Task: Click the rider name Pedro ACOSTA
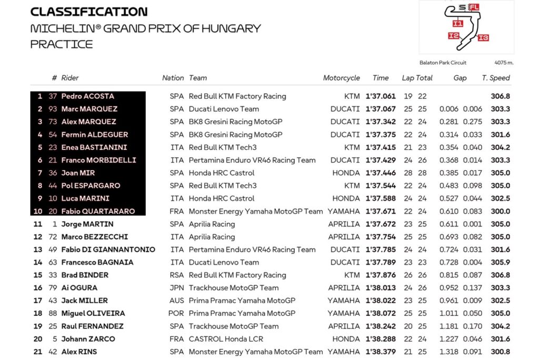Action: [87, 96]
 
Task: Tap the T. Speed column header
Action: [496, 78]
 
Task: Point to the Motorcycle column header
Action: [341, 78]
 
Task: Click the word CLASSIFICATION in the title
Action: [89, 12]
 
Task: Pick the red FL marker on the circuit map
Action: [474, 7]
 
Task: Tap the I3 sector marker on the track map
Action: [484, 37]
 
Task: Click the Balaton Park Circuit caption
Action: [443, 63]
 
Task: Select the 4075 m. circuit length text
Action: [504, 63]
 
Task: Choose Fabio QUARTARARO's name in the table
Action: [98, 211]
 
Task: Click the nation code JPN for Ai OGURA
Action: [177, 288]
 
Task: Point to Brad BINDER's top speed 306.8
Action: [500, 275]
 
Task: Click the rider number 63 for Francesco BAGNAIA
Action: [52, 262]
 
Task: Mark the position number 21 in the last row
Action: [38, 352]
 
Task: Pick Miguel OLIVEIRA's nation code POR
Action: [177, 313]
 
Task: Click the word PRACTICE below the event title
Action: [62, 44]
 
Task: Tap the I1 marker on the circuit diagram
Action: [457, 24]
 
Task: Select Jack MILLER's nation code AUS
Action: [177, 301]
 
